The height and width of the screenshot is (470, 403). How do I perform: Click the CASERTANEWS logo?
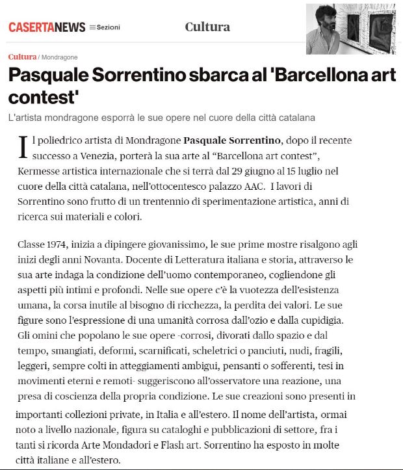[47, 27]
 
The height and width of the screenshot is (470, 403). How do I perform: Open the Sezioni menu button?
[105, 27]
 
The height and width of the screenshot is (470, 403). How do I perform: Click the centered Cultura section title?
[207, 27]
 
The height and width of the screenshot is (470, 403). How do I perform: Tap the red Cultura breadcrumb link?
[22, 57]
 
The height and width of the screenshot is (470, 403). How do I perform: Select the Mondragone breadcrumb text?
[59, 57]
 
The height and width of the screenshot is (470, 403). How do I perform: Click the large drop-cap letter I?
[24, 146]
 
